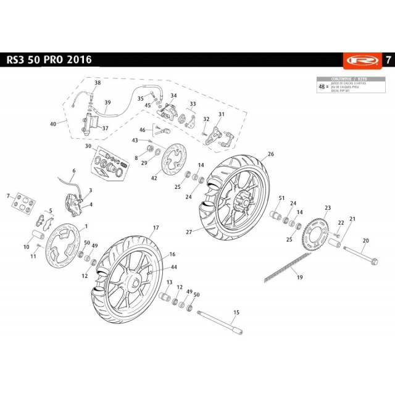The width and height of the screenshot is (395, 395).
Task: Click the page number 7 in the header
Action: click(387, 60)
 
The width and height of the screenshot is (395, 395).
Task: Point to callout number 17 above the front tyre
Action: click(156, 228)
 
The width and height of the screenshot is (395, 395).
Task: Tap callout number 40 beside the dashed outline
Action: click(53, 123)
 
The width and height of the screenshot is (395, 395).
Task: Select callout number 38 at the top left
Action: click(97, 82)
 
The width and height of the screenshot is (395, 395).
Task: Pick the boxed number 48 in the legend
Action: click(322, 87)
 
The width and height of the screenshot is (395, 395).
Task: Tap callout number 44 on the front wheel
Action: click(174, 267)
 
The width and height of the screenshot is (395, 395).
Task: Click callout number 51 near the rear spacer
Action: click(281, 197)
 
